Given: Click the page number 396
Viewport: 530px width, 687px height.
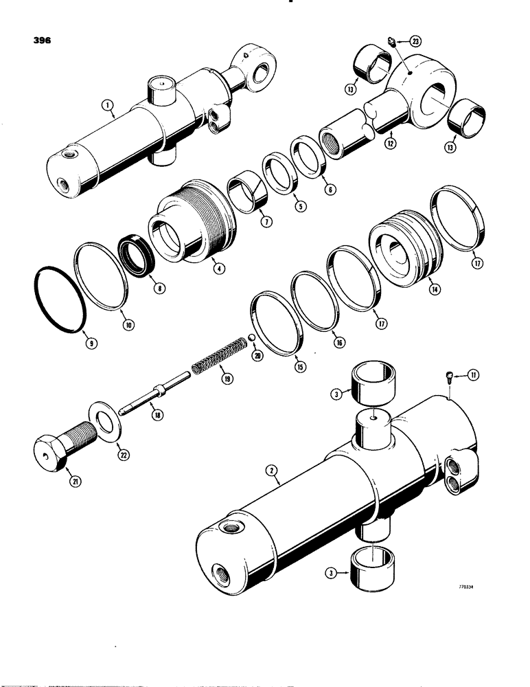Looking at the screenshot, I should (x=41, y=41).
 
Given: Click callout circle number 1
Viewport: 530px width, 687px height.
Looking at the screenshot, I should (x=107, y=106).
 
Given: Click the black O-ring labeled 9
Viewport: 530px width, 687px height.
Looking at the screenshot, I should (x=60, y=300).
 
